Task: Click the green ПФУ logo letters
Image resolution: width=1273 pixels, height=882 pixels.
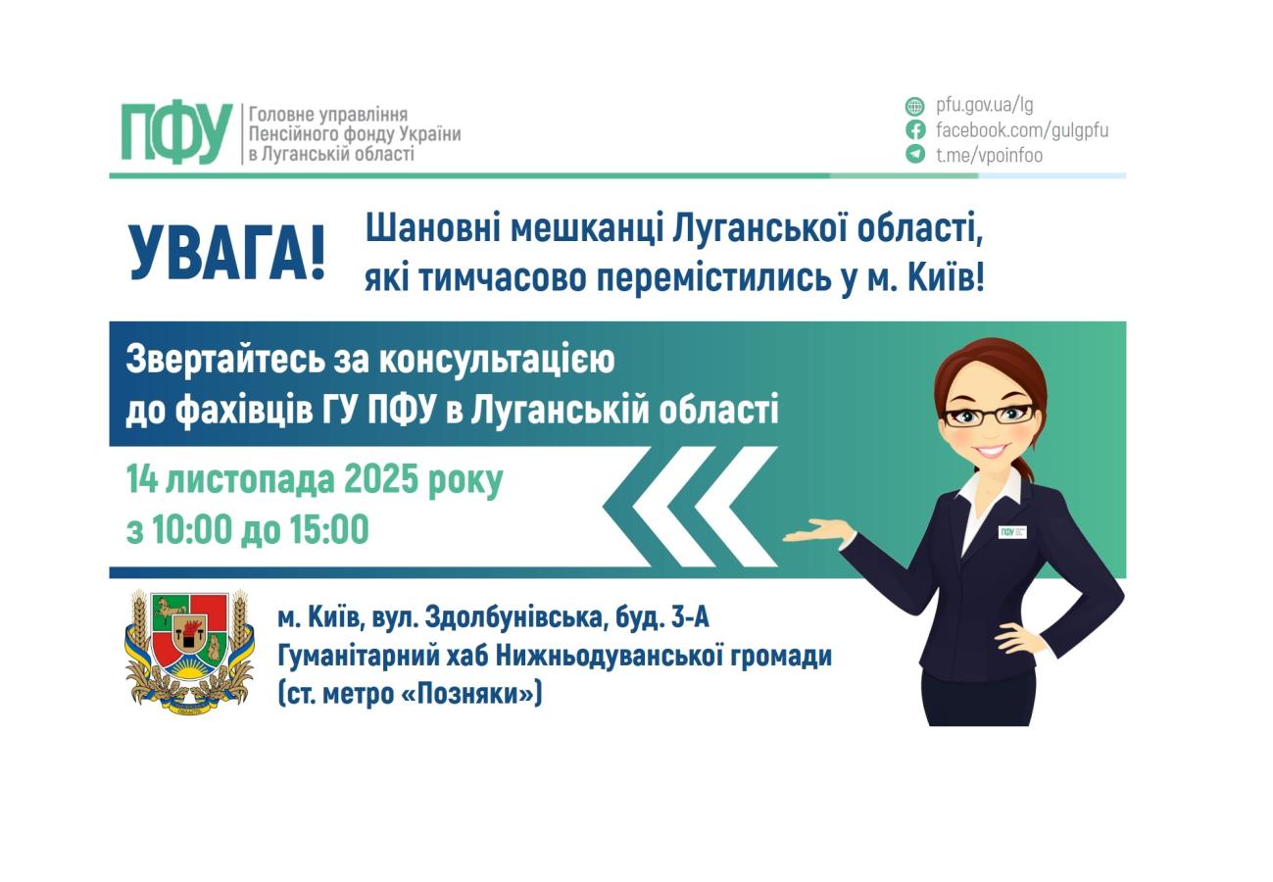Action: point(176,133)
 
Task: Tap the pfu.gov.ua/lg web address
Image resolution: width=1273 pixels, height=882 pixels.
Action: point(984,105)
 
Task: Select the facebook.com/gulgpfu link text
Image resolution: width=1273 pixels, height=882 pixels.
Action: point(1021,130)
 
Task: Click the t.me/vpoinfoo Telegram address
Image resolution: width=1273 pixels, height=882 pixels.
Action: point(989,155)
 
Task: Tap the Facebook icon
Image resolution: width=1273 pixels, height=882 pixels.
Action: point(914,129)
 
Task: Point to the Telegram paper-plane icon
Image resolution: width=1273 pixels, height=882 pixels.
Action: point(914,154)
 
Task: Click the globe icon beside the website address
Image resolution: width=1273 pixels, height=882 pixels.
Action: point(914,106)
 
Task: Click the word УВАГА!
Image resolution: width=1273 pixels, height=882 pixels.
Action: point(226,255)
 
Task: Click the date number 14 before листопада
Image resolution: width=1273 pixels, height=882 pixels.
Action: point(141,480)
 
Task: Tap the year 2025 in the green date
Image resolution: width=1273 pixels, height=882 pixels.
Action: point(381,480)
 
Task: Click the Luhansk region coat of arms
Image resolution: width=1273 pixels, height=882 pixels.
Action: point(189,651)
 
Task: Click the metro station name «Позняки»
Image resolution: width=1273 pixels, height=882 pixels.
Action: point(471,694)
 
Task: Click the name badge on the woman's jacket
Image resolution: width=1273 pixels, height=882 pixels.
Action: point(1011,532)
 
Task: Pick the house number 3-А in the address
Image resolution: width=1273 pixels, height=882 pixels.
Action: point(690,618)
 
